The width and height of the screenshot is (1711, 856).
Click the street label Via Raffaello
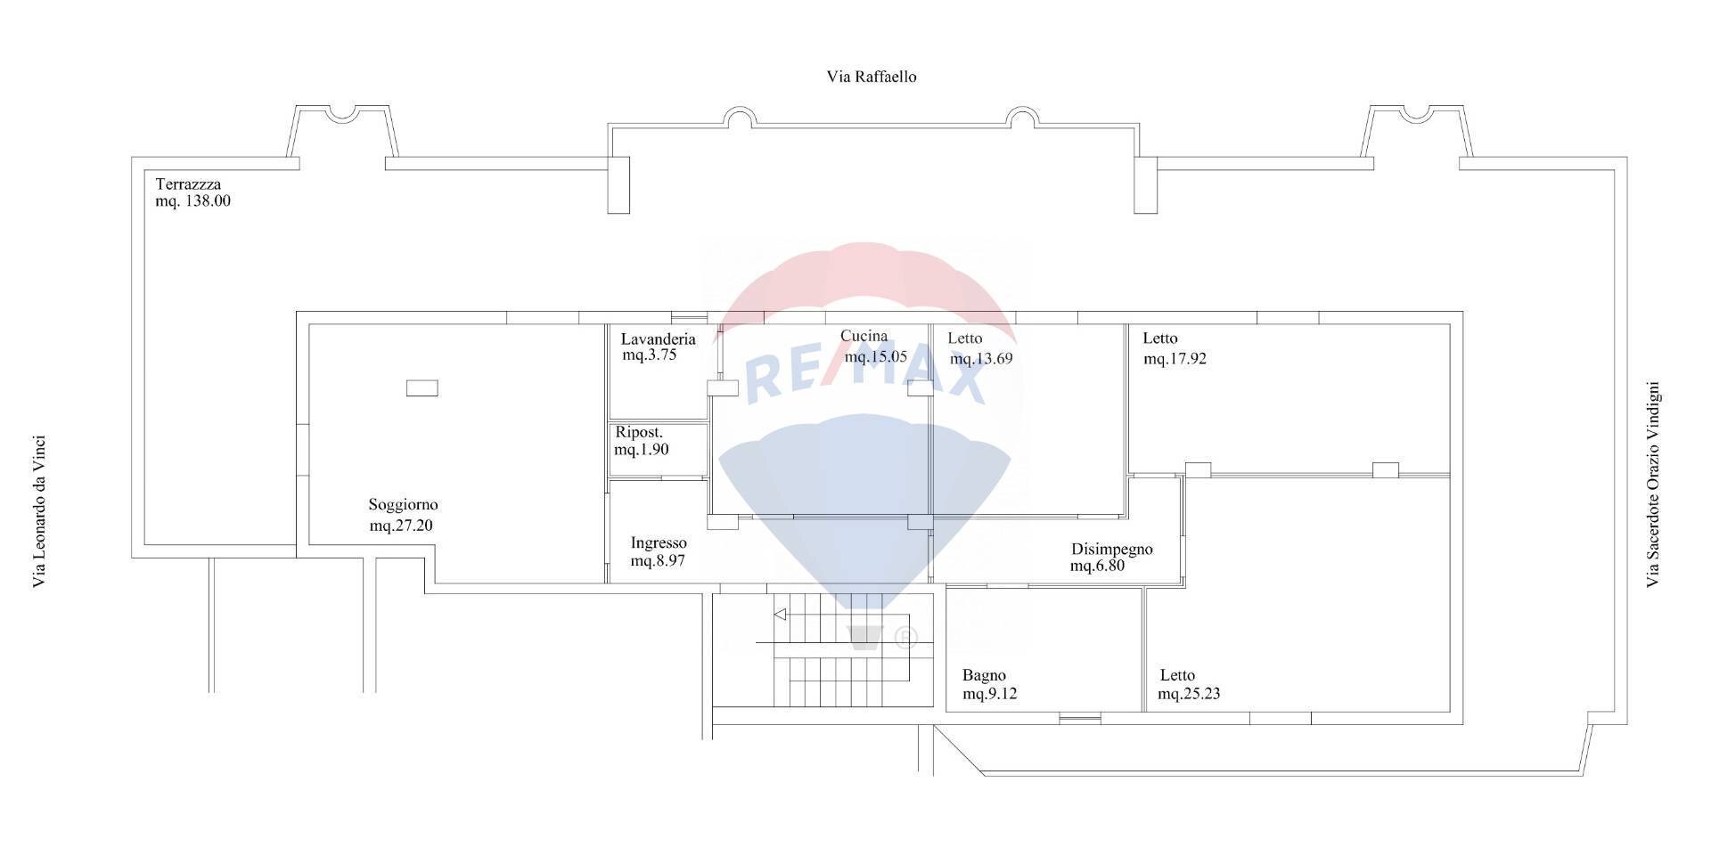[x=871, y=77]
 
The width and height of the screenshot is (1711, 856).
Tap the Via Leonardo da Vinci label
[x=39, y=511]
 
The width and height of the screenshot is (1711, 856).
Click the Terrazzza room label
[x=188, y=184]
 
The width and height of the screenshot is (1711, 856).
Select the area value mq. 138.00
[x=192, y=201]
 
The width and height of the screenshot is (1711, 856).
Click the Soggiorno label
[x=403, y=505]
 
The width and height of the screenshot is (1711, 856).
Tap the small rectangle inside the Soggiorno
[x=422, y=387]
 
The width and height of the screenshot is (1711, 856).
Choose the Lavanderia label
[x=658, y=339]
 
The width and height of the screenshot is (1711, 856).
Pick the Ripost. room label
[x=639, y=433]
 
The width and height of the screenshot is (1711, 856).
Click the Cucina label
[x=864, y=336]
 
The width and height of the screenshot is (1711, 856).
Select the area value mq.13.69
[x=981, y=359]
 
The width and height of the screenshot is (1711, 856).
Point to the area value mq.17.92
[x=1175, y=359]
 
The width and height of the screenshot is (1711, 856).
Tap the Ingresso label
[x=659, y=542]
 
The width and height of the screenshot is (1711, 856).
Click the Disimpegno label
[x=1111, y=549]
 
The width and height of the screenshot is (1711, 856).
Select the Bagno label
[x=984, y=675]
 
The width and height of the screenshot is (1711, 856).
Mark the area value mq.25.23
[x=1189, y=694]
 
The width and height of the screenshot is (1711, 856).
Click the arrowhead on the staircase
[x=780, y=614]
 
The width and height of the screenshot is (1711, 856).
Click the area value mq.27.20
[x=401, y=526]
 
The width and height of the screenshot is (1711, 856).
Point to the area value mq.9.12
[x=989, y=694]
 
